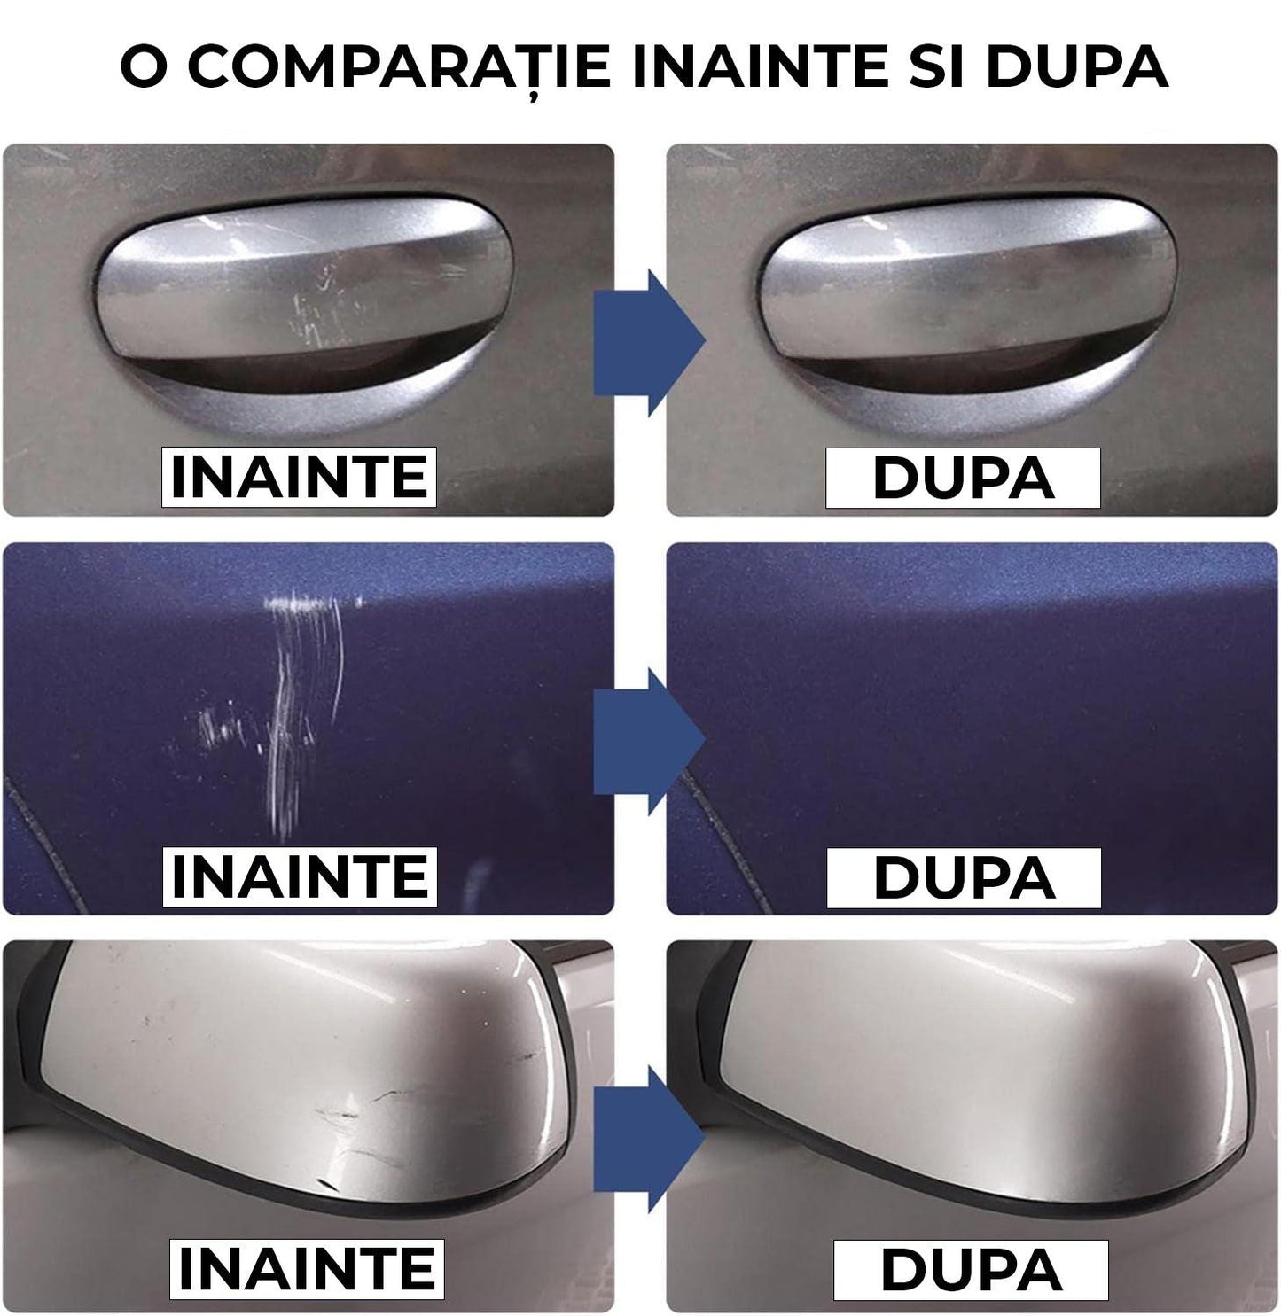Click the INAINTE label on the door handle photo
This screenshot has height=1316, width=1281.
click(299, 478)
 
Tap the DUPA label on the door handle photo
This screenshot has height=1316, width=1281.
click(963, 478)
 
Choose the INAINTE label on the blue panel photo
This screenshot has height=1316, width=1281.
click(299, 876)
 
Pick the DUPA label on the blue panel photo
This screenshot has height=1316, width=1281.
click(964, 876)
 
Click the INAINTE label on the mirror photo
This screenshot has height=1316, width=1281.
click(306, 1268)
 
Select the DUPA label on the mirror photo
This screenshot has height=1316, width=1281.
click(971, 1268)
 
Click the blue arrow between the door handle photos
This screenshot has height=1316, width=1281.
click(647, 342)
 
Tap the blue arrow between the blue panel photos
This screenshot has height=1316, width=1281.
click(647, 741)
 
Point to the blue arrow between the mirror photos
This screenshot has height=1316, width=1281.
click(647, 1139)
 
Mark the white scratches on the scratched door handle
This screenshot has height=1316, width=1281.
click(324, 306)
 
